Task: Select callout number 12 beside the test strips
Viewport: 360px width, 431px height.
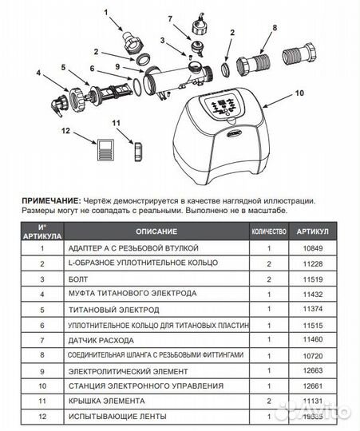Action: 66,129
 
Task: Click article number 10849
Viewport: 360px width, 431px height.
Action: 312,247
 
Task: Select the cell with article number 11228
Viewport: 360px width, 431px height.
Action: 312,263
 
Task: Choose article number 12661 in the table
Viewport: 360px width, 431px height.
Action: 312,387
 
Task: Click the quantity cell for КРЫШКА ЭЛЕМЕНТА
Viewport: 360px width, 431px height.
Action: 269,402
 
